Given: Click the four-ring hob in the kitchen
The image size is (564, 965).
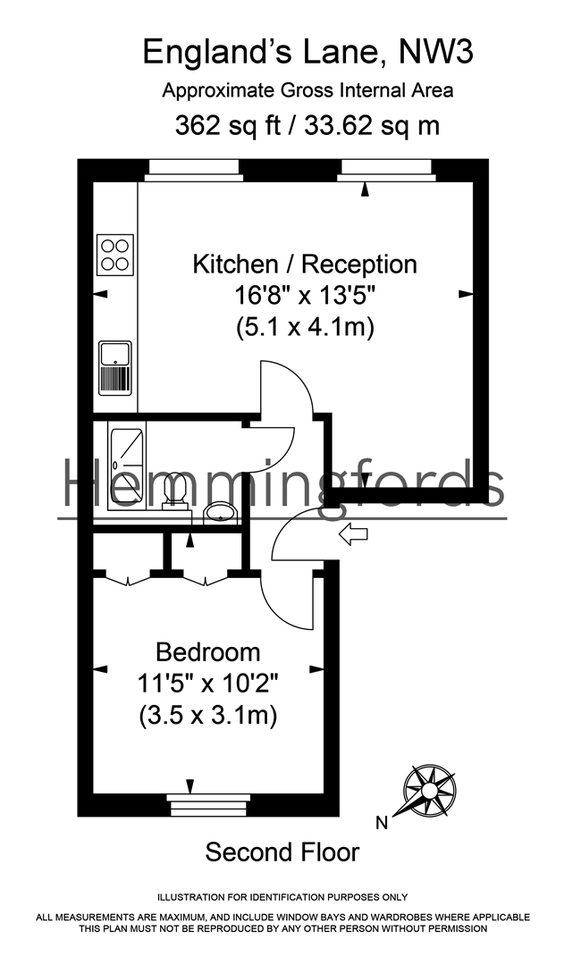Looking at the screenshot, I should pos(115,253).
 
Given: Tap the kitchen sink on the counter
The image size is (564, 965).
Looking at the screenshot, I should pos(115,366).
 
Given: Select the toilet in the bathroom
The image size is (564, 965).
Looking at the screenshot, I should pos(173,491).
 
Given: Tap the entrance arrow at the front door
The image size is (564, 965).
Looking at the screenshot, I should pos(355,534).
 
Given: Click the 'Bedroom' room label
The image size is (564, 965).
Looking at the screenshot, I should pos(208,651).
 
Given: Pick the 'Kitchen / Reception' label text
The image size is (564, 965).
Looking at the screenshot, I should pos(306,264).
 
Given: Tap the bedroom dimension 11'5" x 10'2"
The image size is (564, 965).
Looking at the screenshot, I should pos(208,684).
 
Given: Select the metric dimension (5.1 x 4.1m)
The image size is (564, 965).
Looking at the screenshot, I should pos(305,328).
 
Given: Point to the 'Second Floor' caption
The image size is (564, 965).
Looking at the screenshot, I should pos(282,852).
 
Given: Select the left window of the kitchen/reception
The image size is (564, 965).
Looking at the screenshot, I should pos(194,170).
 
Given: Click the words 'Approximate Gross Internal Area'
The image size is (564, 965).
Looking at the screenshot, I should pos(307,90).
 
